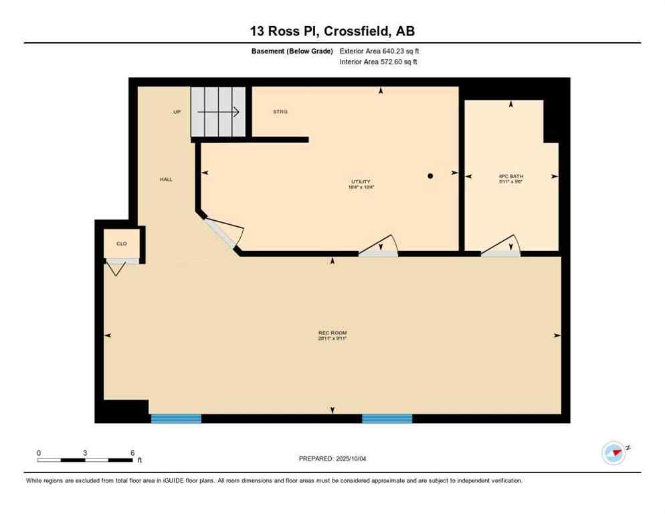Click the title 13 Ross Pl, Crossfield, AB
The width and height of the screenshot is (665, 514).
click(x=332, y=31)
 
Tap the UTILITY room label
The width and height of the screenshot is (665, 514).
click(x=361, y=181)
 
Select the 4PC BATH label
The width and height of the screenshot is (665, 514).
click(x=510, y=176)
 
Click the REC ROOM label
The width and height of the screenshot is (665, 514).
click(x=332, y=333)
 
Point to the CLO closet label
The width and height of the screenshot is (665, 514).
click(x=122, y=244)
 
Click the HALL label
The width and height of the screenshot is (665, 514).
click(x=166, y=179)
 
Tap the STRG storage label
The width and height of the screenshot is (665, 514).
click(x=280, y=112)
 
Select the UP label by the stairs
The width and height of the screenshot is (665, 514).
click(x=177, y=112)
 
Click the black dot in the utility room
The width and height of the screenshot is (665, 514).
click(x=431, y=176)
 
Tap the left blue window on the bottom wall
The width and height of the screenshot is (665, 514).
click(x=176, y=418)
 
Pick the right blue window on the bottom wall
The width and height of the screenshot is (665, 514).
click(x=387, y=418)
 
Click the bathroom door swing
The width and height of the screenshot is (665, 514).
click(x=501, y=246)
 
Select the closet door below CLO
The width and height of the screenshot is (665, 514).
click(x=117, y=268)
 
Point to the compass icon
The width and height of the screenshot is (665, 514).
click(x=613, y=453)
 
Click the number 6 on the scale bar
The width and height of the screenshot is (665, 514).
click(x=132, y=453)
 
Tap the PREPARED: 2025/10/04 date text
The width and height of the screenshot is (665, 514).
click(x=332, y=458)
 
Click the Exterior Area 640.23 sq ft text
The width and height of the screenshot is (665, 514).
click(x=379, y=50)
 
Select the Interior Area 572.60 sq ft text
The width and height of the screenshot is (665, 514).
click(x=379, y=62)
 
